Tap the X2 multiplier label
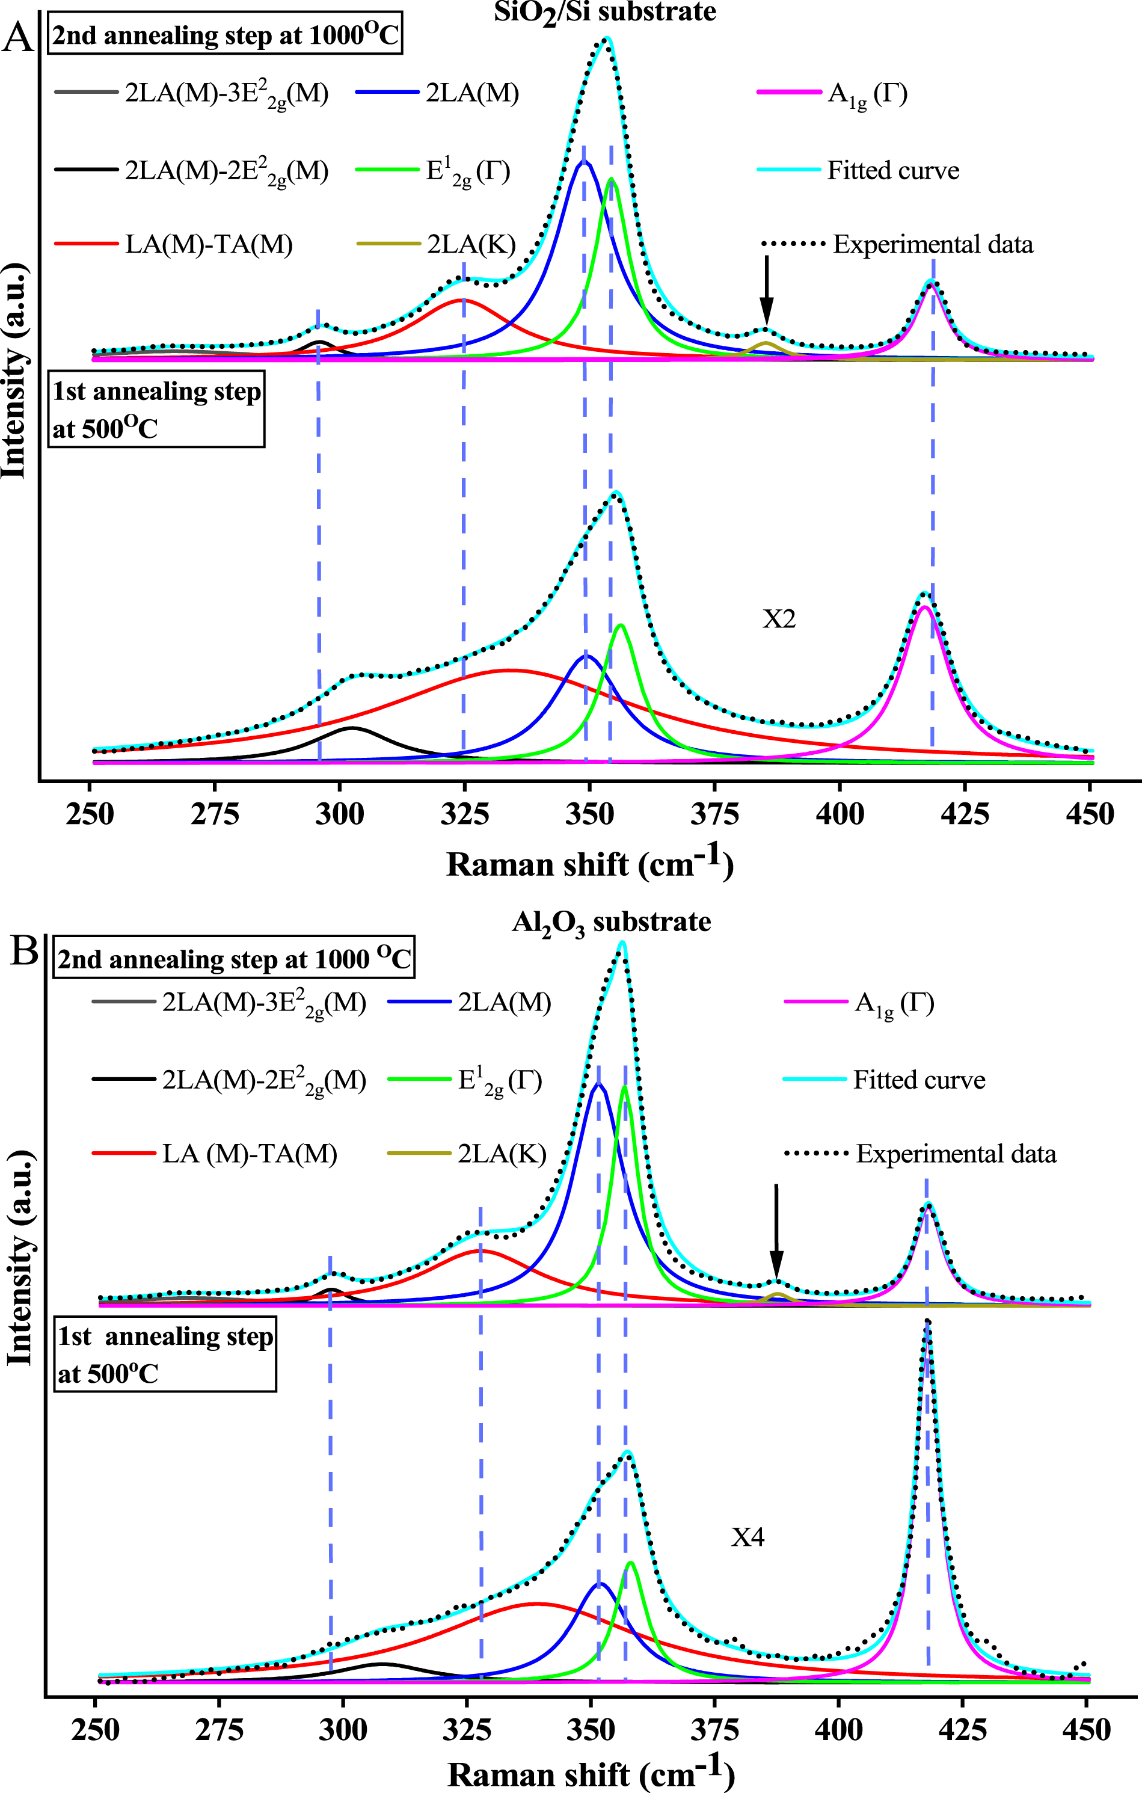point(779,619)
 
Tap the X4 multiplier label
point(748,1537)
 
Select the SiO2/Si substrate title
point(604,13)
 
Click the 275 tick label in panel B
point(219,1729)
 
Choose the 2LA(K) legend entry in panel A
point(470,244)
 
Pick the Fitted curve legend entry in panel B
point(919,1080)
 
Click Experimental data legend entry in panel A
point(932,244)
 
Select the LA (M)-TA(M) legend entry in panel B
point(250,1154)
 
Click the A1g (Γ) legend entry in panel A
point(867,94)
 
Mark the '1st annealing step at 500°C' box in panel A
point(156,410)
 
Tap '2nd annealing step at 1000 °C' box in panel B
point(234,959)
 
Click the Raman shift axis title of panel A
point(589,864)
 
